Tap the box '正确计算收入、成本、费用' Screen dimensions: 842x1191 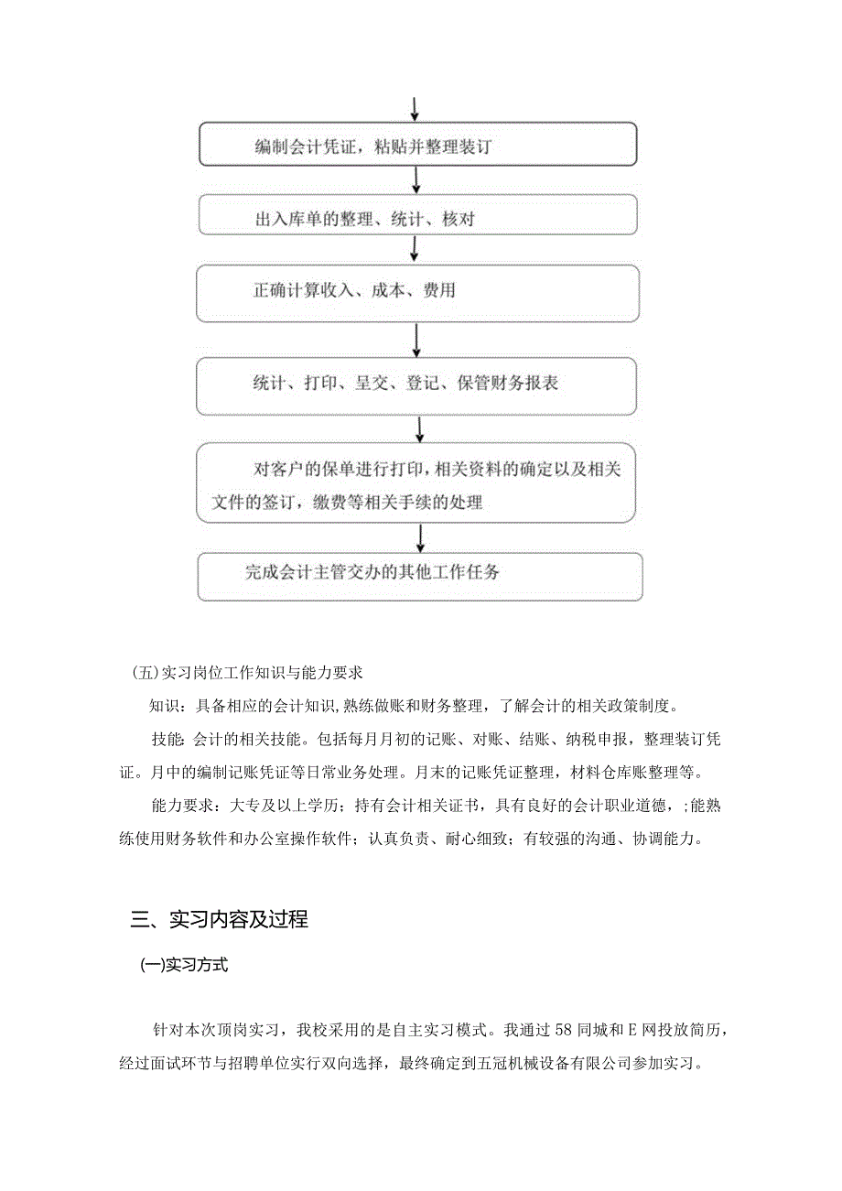pyautogui.click(x=416, y=293)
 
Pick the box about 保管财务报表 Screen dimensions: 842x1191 pyautogui.click(x=416, y=384)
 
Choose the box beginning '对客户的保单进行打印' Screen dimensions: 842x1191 pyautogui.click(x=416, y=483)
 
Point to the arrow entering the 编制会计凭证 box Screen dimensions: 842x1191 pyautogui.click(x=415, y=108)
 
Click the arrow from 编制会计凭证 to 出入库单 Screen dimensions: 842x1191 pyautogui.click(x=416, y=180)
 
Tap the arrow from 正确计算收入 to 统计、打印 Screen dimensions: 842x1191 pyautogui.click(x=416, y=339)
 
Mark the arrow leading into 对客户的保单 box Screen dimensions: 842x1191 pyautogui.click(x=419, y=428)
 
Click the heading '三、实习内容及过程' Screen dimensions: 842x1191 pyautogui.click(x=220, y=919)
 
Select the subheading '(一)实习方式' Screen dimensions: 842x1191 pyautogui.click(x=183, y=966)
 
